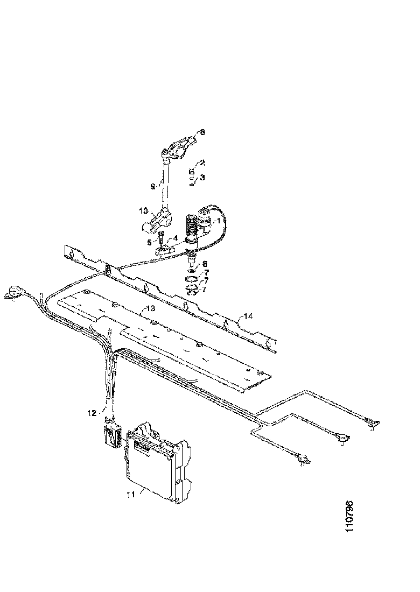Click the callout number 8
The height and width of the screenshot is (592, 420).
pyautogui.click(x=202, y=132)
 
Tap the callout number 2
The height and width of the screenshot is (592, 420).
pyautogui.click(x=202, y=163)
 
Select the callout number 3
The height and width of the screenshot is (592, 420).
pyautogui.click(x=202, y=177)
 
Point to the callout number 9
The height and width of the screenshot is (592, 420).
pyautogui.click(x=153, y=187)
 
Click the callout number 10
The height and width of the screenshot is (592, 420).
pyautogui.click(x=144, y=211)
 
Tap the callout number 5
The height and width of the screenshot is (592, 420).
pyautogui.click(x=149, y=243)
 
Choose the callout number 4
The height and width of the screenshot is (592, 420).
pyautogui.click(x=175, y=238)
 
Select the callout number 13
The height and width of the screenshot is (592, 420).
pyautogui.click(x=150, y=308)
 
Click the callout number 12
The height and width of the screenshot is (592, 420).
pyautogui.click(x=92, y=413)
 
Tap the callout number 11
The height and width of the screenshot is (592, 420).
pyautogui.click(x=131, y=495)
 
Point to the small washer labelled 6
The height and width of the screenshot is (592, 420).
pyautogui.click(x=192, y=270)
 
